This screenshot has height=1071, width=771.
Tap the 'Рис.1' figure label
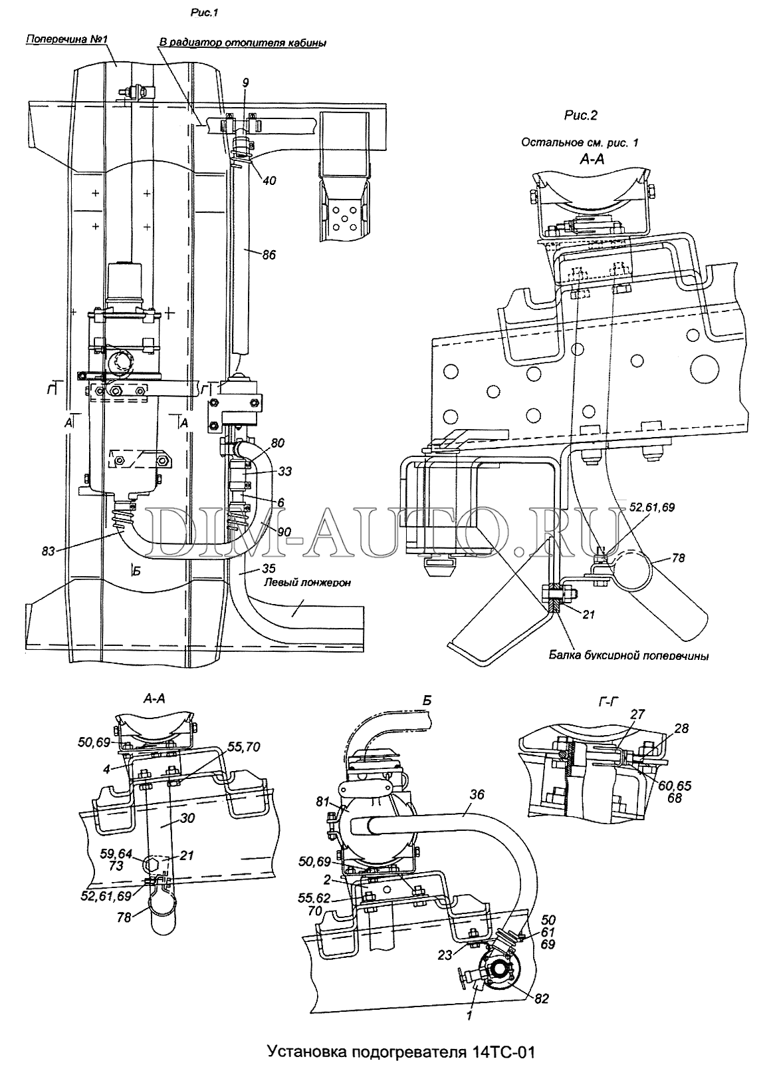click(204, 13)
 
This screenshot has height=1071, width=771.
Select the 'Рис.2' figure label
click(581, 115)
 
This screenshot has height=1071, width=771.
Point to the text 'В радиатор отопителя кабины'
click(242, 43)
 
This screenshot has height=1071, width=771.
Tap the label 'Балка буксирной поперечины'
click(628, 655)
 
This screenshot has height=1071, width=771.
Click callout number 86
click(269, 255)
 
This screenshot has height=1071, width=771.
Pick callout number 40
click(269, 181)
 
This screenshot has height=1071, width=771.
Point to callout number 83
click(49, 551)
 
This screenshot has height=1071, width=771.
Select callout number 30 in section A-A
click(187, 818)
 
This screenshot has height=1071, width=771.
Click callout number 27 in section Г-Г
click(637, 714)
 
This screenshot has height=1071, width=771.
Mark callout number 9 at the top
click(245, 83)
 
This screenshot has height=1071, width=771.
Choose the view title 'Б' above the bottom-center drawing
click(427, 701)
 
